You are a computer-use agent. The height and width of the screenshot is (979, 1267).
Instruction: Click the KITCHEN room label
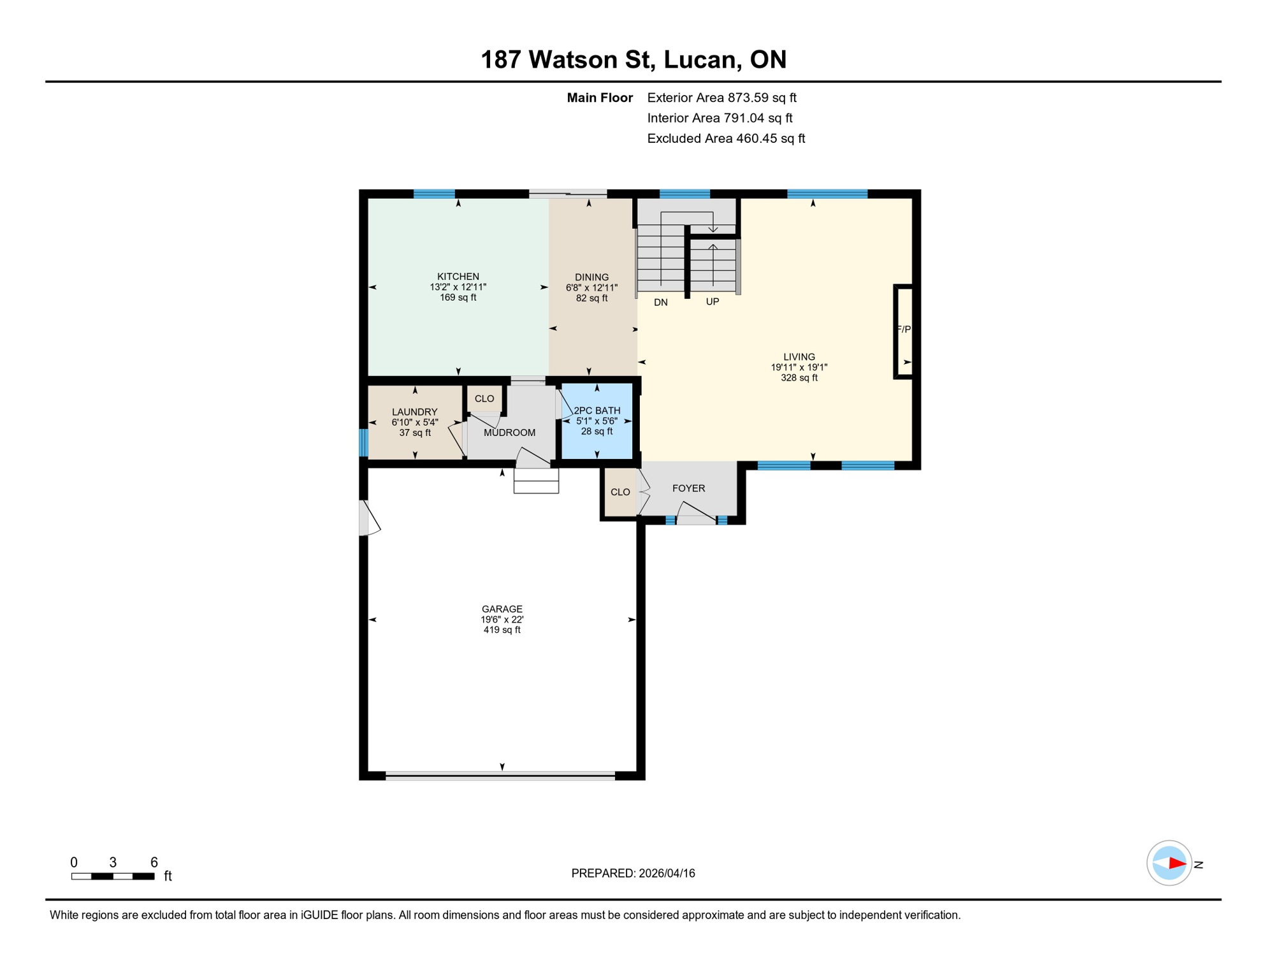click(x=458, y=276)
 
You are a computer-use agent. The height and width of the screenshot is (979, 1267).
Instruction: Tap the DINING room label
click(x=591, y=277)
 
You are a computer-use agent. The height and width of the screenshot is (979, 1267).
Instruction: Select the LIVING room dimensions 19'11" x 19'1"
click(x=799, y=367)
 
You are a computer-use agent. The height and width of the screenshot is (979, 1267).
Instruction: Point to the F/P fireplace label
click(x=904, y=329)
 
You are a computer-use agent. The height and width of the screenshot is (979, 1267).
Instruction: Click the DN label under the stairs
click(x=660, y=302)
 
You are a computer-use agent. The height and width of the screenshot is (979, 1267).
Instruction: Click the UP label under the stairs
click(x=712, y=301)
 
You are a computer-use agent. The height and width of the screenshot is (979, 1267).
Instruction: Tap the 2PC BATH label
click(x=597, y=410)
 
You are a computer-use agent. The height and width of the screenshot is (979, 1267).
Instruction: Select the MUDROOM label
click(x=509, y=432)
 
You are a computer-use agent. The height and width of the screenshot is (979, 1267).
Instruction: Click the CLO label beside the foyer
click(x=619, y=492)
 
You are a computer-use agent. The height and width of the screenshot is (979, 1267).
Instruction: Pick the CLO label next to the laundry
click(x=484, y=398)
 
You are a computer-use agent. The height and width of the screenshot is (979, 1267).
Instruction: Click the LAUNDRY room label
click(x=414, y=412)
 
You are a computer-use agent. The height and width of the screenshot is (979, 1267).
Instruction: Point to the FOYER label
click(x=688, y=488)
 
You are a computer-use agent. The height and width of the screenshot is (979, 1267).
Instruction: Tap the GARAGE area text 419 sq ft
click(x=502, y=630)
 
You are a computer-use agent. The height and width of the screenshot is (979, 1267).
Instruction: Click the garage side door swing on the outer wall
click(x=370, y=518)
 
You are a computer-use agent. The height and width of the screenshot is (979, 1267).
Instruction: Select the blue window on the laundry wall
click(x=364, y=442)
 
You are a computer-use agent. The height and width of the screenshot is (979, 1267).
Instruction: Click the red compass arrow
click(x=1176, y=864)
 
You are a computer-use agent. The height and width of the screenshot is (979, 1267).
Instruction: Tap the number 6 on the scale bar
click(x=154, y=862)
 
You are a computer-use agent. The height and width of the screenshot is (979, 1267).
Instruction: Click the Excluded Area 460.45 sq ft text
click(x=725, y=138)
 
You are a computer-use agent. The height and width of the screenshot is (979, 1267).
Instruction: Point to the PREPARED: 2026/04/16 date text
click(x=632, y=873)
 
